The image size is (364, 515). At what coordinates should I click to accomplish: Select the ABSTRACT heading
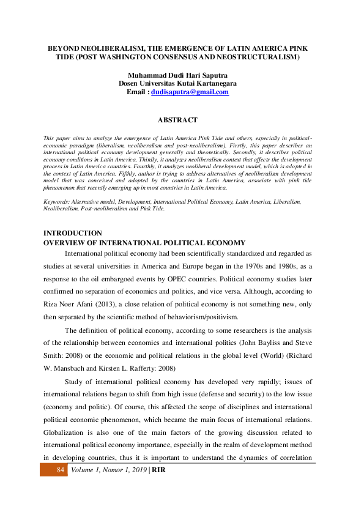click(x=178, y=120)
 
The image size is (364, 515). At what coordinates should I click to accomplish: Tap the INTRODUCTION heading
click(x=73, y=233)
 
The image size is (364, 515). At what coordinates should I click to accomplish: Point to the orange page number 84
click(x=60, y=470)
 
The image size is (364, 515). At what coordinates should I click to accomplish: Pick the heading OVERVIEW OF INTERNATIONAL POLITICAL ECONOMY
click(x=144, y=243)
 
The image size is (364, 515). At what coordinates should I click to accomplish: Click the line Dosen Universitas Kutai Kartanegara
click(x=178, y=83)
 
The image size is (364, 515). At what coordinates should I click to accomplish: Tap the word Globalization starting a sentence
click(x=67, y=431)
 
